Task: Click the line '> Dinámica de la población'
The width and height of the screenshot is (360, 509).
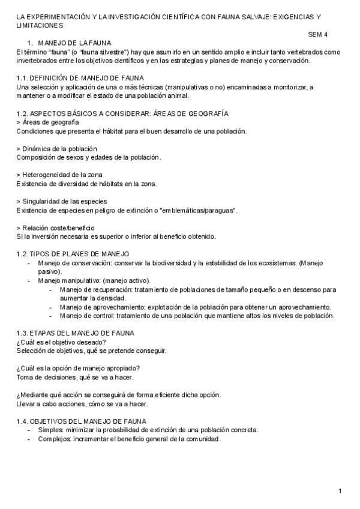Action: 56,148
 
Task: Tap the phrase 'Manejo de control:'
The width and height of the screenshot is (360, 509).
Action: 87,316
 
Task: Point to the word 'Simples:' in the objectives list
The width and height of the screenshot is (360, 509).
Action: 50,430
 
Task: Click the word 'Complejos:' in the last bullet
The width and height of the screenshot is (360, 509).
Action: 55,439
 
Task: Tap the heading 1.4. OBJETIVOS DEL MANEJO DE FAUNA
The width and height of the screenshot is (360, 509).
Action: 81,421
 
